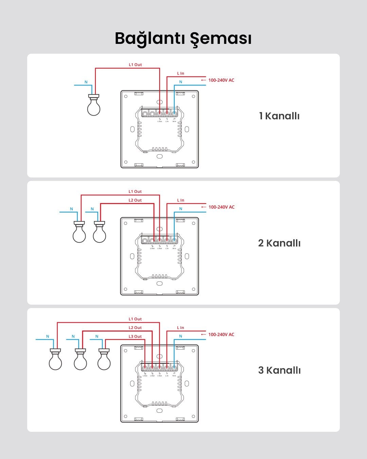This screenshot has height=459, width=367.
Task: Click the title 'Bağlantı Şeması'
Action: (183, 38)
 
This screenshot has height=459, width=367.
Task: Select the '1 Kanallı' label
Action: (279, 116)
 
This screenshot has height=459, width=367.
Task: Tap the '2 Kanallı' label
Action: (279, 243)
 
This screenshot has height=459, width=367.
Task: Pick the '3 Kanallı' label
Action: (279, 370)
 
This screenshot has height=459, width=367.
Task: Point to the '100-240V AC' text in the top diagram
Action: (221, 80)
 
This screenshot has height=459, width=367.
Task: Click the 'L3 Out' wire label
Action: (135, 337)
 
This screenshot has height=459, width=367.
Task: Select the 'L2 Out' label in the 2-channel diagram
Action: (135, 200)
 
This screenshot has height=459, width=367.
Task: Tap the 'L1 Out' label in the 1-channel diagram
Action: (135, 65)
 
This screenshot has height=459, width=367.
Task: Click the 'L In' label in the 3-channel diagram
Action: (180, 328)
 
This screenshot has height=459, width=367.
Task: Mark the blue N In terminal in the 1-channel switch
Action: (174, 114)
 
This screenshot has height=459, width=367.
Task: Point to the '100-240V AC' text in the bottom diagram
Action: (221, 335)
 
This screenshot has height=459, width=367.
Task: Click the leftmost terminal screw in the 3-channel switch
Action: (145, 368)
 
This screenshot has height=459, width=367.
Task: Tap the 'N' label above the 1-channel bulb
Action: (86, 82)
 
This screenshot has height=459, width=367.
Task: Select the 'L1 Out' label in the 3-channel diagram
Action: (135, 319)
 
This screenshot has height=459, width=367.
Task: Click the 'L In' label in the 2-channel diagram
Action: (180, 200)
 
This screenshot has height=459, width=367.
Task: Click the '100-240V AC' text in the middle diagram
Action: (221, 207)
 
